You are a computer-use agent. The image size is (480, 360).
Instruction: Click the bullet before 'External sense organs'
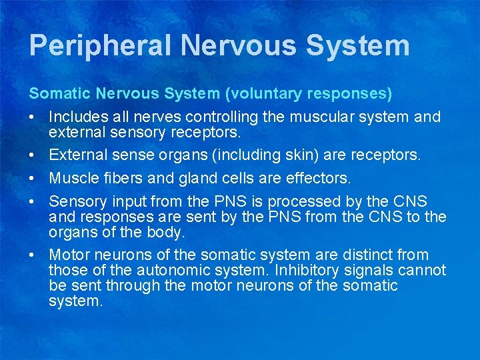click(x=32, y=155)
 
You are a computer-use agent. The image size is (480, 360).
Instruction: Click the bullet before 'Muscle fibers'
click(x=32, y=179)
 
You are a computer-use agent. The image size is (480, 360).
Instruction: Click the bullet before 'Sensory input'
click(x=32, y=201)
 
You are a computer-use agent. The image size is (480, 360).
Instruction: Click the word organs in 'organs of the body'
click(x=71, y=232)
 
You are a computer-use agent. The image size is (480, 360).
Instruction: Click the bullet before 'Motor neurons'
click(x=32, y=255)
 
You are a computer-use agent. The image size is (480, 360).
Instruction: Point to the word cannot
click(x=423, y=270)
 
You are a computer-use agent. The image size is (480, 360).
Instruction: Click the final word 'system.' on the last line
click(x=75, y=301)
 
